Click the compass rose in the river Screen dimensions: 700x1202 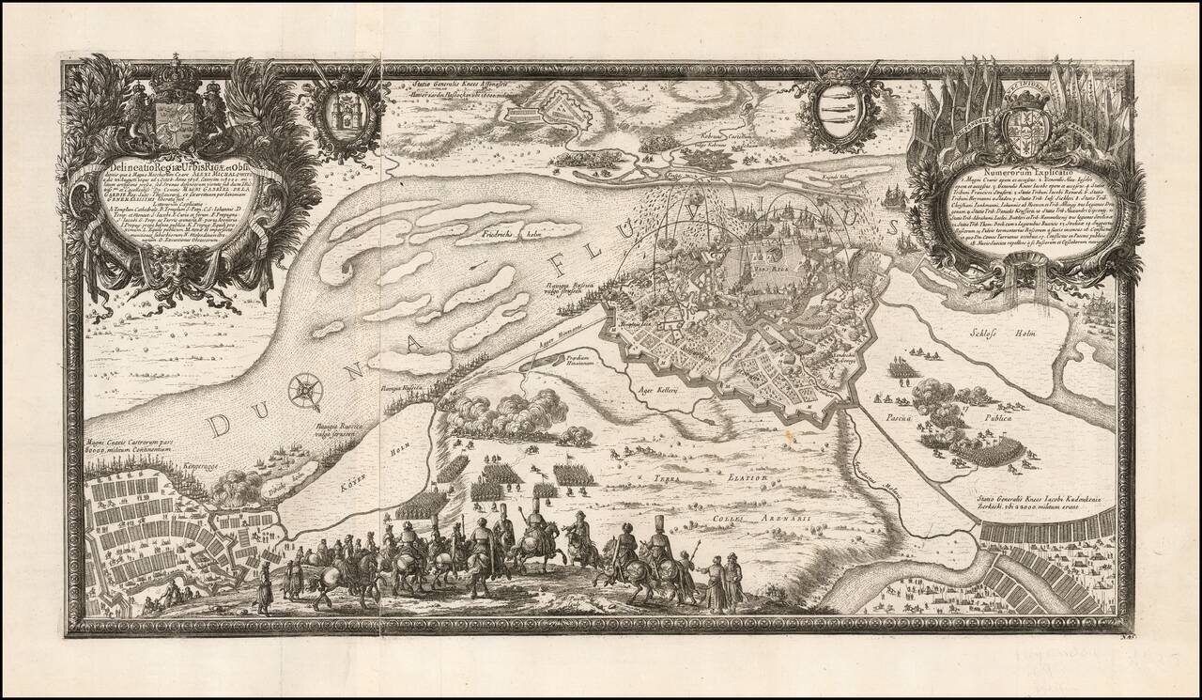304,390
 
